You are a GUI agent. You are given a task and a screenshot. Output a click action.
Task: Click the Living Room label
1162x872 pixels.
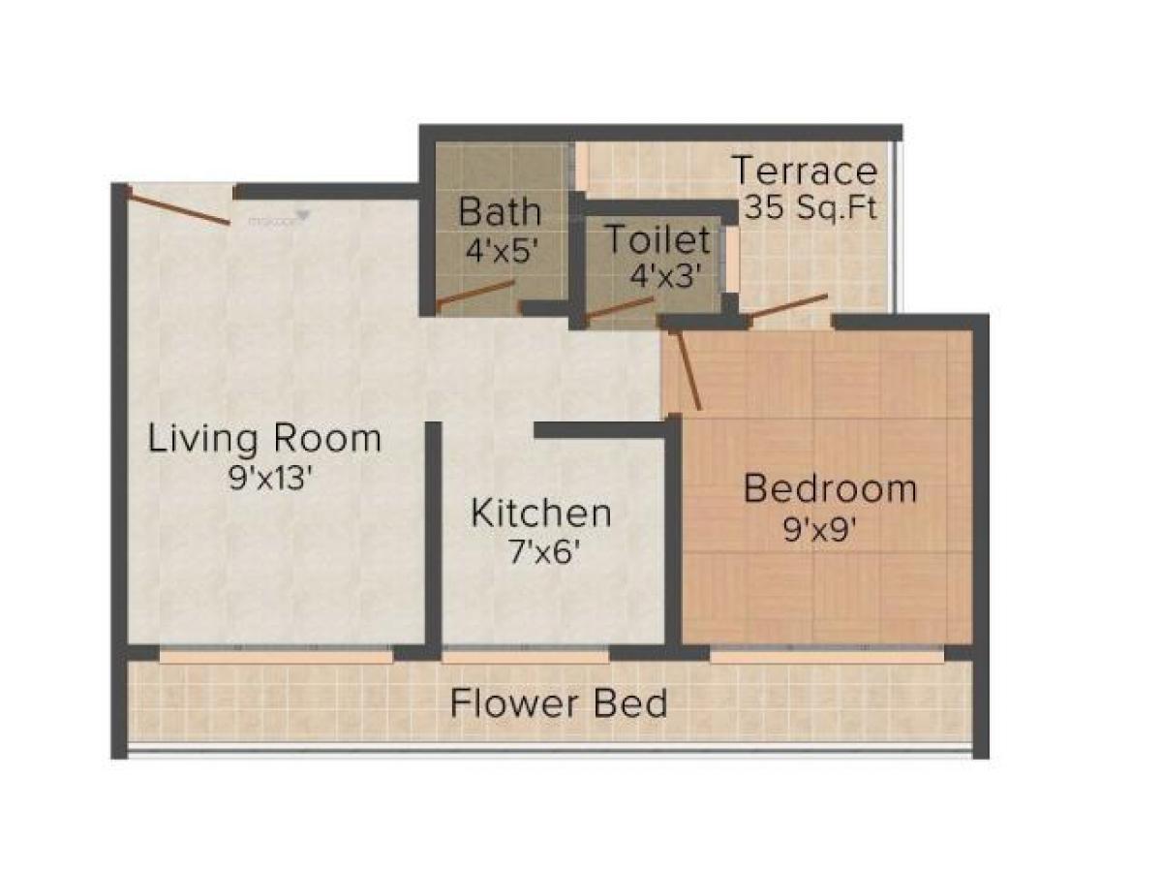pos(264,439)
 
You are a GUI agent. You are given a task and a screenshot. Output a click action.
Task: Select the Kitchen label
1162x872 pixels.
pos(540,513)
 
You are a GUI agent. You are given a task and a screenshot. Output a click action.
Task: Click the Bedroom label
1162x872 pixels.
pos(830,488)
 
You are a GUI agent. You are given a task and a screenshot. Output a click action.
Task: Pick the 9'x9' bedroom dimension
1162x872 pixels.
pos(822,530)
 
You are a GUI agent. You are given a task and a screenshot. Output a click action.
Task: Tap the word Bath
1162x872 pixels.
pos(500,210)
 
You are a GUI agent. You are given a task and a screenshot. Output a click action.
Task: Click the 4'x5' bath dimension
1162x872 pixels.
pos(501,251)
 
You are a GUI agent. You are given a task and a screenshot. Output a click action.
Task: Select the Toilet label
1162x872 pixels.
pos(657,238)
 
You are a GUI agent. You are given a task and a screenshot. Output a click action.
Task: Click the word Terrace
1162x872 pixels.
pos(805,171)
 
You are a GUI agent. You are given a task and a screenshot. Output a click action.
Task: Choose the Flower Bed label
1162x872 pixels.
pos(559,702)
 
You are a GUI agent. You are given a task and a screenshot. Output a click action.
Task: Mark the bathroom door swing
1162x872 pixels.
pos(474,295)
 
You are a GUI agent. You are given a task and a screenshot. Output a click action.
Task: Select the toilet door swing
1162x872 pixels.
pos(620,310)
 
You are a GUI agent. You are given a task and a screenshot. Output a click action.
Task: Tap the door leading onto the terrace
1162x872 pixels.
pos(786,306)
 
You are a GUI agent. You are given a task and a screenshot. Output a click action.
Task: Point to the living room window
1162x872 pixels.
pos(276,656)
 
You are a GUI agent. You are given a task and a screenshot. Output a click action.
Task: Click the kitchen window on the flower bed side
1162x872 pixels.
pos(526,656)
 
